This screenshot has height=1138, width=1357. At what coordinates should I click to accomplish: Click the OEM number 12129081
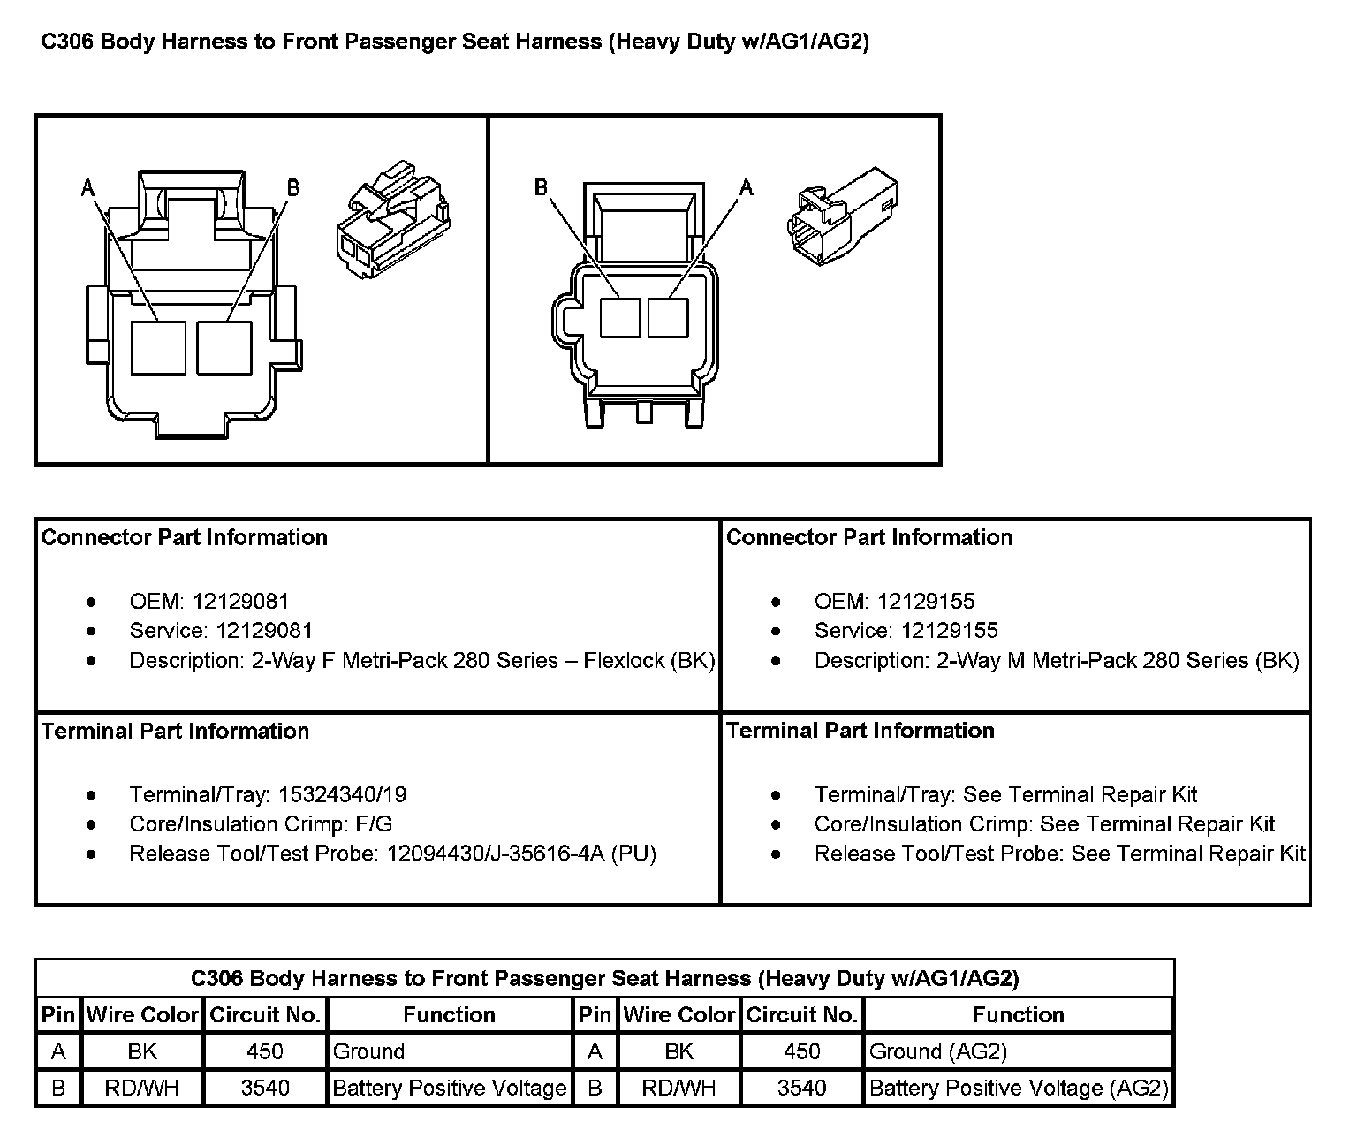point(240,602)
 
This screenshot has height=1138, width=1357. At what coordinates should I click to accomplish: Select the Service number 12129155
point(950,631)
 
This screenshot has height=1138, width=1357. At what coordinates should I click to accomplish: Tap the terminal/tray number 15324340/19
point(342,794)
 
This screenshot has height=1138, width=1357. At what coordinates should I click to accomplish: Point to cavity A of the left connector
point(158,348)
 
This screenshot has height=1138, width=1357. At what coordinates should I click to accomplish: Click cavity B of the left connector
point(224,348)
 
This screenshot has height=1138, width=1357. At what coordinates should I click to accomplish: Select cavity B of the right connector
point(620,318)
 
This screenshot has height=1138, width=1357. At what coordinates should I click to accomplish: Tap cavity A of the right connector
point(668,318)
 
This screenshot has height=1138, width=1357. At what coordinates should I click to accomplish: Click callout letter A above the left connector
point(87,187)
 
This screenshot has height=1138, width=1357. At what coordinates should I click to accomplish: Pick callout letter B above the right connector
point(541,187)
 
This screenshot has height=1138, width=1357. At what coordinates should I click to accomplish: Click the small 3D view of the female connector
point(392,221)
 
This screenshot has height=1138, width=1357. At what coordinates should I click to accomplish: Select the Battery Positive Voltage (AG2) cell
point(1019,1088)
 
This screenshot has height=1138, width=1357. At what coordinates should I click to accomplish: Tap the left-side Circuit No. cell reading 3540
point(265,1088)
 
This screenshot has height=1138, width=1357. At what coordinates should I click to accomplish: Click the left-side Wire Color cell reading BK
point(142,1051)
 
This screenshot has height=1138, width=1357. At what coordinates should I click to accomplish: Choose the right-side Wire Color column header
point(678,1015)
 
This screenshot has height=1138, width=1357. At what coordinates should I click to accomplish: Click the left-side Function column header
point(449,1015)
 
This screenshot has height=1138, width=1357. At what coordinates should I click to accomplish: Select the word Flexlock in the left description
point(624,661)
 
